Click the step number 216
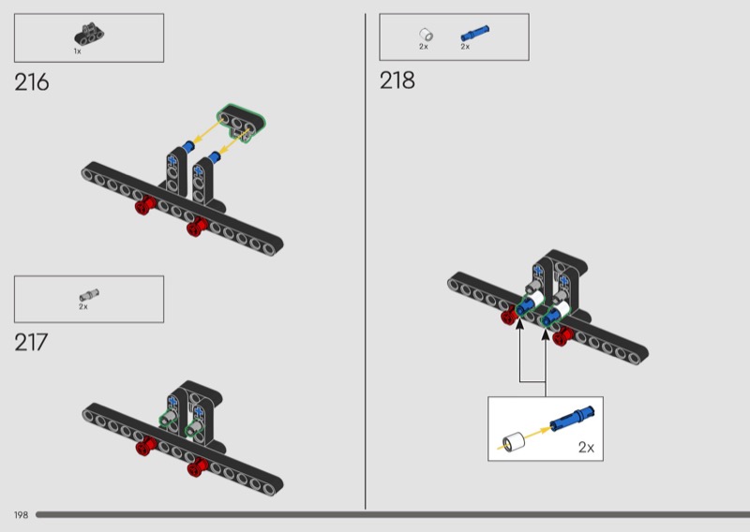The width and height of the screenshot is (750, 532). pos(32,82)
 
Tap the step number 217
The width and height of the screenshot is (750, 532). pos(31,343)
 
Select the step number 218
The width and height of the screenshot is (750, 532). pos(397,81)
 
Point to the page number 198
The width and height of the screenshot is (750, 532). pos(21,515)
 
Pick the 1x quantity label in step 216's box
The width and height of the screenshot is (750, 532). pos(77,52)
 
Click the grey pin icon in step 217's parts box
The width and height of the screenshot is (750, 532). pos(89,296)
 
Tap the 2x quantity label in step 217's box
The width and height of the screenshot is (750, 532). pos(82,307)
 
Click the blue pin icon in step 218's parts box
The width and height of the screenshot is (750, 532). pos(471,35)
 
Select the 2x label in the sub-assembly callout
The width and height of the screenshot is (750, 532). pos(586,448)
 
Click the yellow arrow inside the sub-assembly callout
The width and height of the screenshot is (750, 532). pos(538,431)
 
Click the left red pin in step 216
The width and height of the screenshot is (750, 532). pos(145,206)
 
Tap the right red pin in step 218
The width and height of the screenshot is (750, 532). pos(562,334)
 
